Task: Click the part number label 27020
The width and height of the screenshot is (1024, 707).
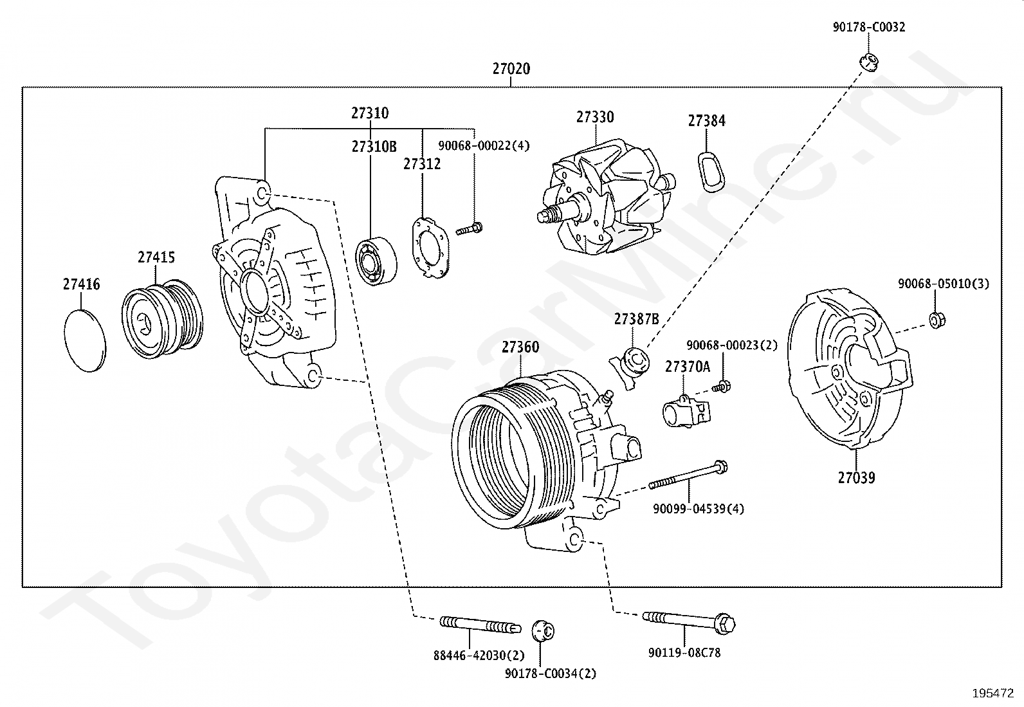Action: point(511,69)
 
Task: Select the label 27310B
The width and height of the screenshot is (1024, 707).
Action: point(374,146)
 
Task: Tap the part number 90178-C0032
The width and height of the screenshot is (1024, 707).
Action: point(868,27)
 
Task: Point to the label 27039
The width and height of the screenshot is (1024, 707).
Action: point(856,477)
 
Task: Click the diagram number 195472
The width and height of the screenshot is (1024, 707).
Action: point(993,693)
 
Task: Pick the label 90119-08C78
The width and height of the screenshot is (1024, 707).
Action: point(684,652)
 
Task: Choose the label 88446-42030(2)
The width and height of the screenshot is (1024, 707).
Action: point(479,656)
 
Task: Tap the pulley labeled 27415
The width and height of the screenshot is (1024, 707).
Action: point(162,318)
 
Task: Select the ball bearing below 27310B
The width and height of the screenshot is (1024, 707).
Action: point(376,261)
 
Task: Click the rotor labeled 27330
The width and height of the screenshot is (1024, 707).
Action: point(606,197)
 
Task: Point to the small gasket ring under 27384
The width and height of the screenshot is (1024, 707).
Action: point(711,172)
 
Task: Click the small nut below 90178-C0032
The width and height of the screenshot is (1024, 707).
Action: point(868,62)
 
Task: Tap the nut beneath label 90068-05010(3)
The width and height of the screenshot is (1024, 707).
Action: point(937,320)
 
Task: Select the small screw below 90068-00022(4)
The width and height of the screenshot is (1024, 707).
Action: point(469,228)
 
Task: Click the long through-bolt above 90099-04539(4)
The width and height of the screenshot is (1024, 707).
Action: point(688,475)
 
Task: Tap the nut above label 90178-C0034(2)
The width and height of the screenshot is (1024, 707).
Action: point(543,630)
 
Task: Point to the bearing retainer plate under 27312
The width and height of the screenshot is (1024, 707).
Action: point(430,248)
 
